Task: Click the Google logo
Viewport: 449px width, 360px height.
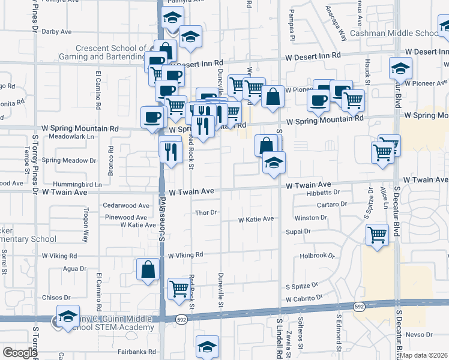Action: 20,353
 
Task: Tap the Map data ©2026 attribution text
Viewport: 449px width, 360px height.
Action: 424,355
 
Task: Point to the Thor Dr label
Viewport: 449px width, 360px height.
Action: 205,212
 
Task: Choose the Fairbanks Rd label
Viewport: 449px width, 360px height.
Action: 137,352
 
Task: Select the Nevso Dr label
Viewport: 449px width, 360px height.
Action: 419,334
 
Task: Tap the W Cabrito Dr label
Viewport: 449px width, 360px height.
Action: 304,298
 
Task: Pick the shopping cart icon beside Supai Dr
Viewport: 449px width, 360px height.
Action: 378,234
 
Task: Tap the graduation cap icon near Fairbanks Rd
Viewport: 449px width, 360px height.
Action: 207,346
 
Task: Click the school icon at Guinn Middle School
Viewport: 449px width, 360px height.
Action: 68,316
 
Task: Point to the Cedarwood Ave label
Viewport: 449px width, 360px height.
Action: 126,205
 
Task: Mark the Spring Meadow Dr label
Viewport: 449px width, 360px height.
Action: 69,160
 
